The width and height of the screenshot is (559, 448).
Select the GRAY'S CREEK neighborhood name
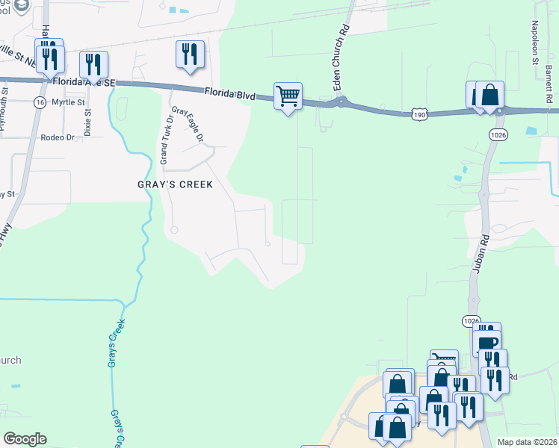point(176,184)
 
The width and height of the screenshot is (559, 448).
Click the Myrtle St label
point(63,102)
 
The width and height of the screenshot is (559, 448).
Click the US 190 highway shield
point(419,114)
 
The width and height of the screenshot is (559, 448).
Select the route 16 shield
point(38,102)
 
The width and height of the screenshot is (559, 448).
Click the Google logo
point(25,439)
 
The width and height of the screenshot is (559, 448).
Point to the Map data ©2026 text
point(528,442)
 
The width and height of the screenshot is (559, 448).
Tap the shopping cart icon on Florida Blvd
point(288,96)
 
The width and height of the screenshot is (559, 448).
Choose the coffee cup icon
point(487,343)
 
